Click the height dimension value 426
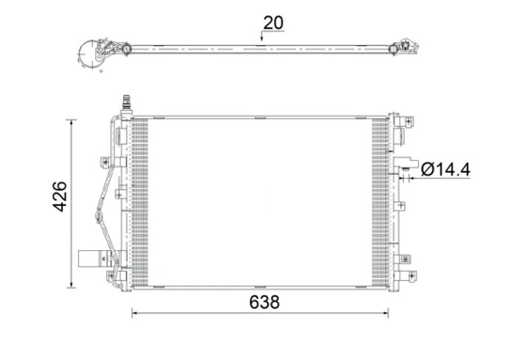pos(60,196)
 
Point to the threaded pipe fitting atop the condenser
pos(125,104)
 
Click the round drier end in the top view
pos(93,54)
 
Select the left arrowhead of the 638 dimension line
pos(137,313)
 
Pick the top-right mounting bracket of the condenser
pos(403,123)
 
